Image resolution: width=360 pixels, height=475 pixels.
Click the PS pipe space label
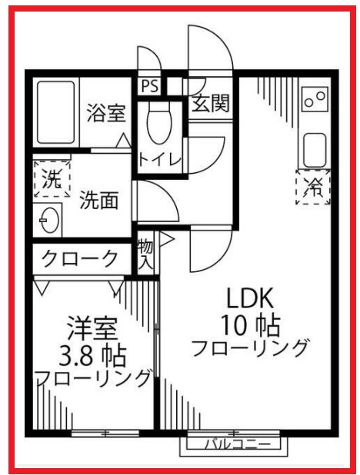[150, 86]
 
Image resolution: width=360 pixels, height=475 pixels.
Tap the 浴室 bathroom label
[106, 113]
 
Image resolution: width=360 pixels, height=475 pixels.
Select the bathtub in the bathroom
[56, 111]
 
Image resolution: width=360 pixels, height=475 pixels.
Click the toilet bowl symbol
[159, 122]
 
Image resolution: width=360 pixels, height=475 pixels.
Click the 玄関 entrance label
[211, 103]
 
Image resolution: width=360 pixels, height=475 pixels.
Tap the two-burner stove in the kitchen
[315, 98]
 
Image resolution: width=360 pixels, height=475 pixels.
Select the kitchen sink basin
[315, 150]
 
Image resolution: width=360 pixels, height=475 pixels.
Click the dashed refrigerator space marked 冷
[313, 187]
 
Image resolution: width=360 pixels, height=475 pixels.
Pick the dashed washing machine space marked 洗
[52, 179]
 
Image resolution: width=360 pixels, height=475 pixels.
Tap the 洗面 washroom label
[99, 200]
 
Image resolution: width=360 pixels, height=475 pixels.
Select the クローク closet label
[80, 259]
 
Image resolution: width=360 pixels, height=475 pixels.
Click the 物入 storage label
[145, 254]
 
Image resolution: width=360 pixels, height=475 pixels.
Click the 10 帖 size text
[251, 325]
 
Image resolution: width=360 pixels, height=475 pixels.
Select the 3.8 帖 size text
[92, 356]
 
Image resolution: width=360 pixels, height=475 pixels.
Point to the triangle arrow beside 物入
[166, 240]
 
